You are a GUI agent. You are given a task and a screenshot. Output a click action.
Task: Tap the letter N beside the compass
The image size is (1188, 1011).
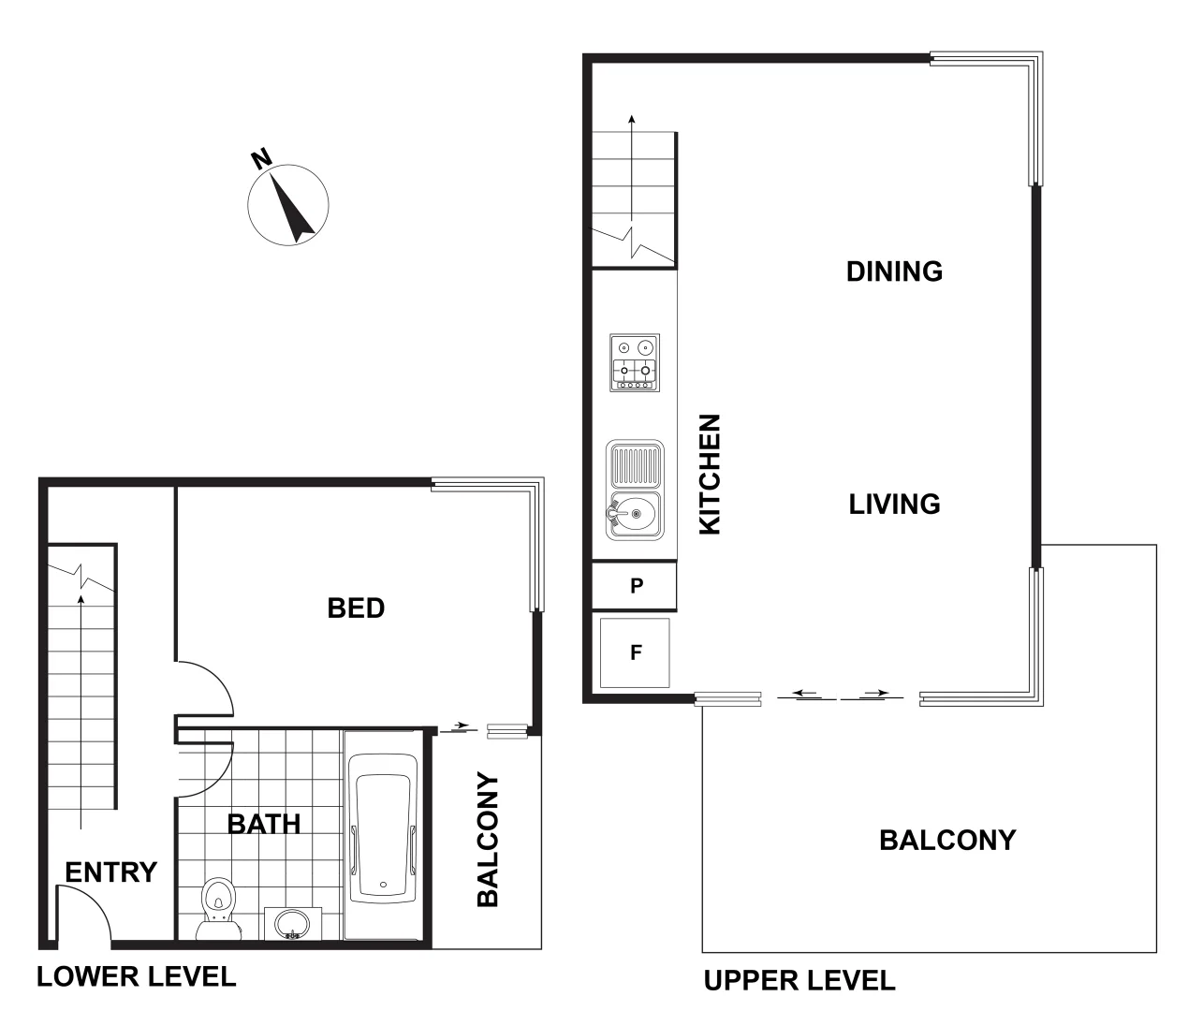pos(261,159)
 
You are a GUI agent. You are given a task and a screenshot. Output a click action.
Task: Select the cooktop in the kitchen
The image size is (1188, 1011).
pos(635,362)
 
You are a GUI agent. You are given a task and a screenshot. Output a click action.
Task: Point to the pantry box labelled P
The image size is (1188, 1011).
pos(636,586)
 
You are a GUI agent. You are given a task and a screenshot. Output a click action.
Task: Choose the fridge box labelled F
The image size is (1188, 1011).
pos(635,652)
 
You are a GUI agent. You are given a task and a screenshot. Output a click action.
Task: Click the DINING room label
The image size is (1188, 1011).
pos(894,271)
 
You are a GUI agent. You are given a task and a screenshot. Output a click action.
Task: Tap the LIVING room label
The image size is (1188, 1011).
pos(894,505)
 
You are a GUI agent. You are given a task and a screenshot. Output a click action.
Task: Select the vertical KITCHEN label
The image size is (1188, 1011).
pos(711,475)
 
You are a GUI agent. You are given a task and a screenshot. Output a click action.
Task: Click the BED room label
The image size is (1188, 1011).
pos(356,608)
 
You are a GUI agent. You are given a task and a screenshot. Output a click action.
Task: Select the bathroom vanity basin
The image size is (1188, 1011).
pos(292,923)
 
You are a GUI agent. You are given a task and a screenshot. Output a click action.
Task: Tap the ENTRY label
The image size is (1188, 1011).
pos(110,872)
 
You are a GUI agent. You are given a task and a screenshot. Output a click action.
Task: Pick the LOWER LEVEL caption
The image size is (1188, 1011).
pos(136,977)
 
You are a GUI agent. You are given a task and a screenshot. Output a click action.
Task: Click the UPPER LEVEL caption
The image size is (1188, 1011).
pos(799,981)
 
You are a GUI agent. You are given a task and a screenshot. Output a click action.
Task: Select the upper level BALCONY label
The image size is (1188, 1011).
pos(947,840)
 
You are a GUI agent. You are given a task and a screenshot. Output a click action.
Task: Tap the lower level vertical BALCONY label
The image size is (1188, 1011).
pos(488,840)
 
